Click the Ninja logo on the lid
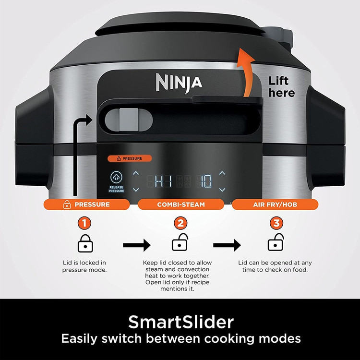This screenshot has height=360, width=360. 179,83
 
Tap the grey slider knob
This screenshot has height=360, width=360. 129,120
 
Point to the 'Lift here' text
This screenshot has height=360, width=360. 281,87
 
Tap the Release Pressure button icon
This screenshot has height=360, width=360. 117,177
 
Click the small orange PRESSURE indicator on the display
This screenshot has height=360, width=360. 130,158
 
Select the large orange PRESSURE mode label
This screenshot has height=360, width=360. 86,204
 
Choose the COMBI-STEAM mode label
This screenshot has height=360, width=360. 181,204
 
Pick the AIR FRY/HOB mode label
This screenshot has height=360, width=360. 275,204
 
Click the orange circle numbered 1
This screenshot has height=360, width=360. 84,223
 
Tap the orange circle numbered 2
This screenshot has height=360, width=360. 180,223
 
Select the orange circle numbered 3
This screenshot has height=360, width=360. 276,223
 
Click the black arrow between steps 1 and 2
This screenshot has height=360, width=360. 137,245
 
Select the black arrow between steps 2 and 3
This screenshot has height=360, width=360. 227,245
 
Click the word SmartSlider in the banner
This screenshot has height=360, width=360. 181,322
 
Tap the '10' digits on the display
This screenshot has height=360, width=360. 204,181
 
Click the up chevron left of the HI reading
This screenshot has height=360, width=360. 136,173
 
